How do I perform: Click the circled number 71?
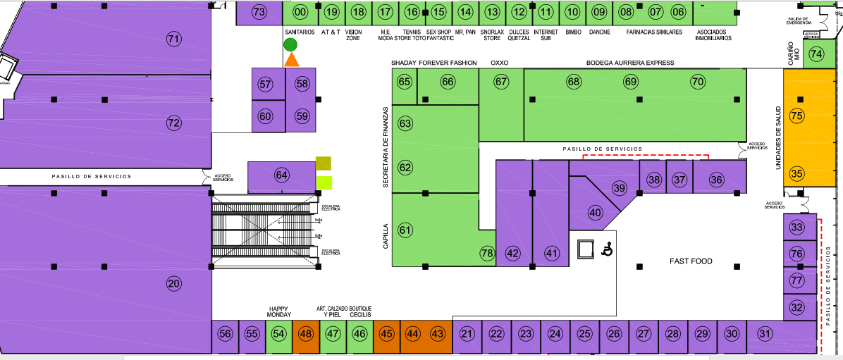click(x=173, y=39)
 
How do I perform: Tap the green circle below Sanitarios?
click(x=290, y=45)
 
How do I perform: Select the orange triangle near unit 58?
click(x=291, y=61)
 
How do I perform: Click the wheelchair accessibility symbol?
click(x=606, y=249)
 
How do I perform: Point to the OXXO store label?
click(x=499, y=63)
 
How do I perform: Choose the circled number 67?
click(x=501, y=82)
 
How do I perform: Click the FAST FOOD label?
click(x=691, y=261)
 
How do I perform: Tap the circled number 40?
click(x=596, y=212)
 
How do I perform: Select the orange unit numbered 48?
click(x=306, y=334)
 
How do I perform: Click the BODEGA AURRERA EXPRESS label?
click(x=630, y=63)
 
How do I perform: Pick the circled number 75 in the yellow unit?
click(x=797, y=116)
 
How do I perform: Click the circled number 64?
click(x=282, y=175)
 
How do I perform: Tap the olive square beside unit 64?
click(x=324, y=164)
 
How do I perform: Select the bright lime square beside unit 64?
click(x=324, y=183)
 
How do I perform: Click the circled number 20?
click(x=173, y=284)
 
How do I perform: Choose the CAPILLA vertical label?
click(x=386, y=237)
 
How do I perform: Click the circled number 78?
click(x=487, y=254)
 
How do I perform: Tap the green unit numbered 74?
click(x=816, y=54)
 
